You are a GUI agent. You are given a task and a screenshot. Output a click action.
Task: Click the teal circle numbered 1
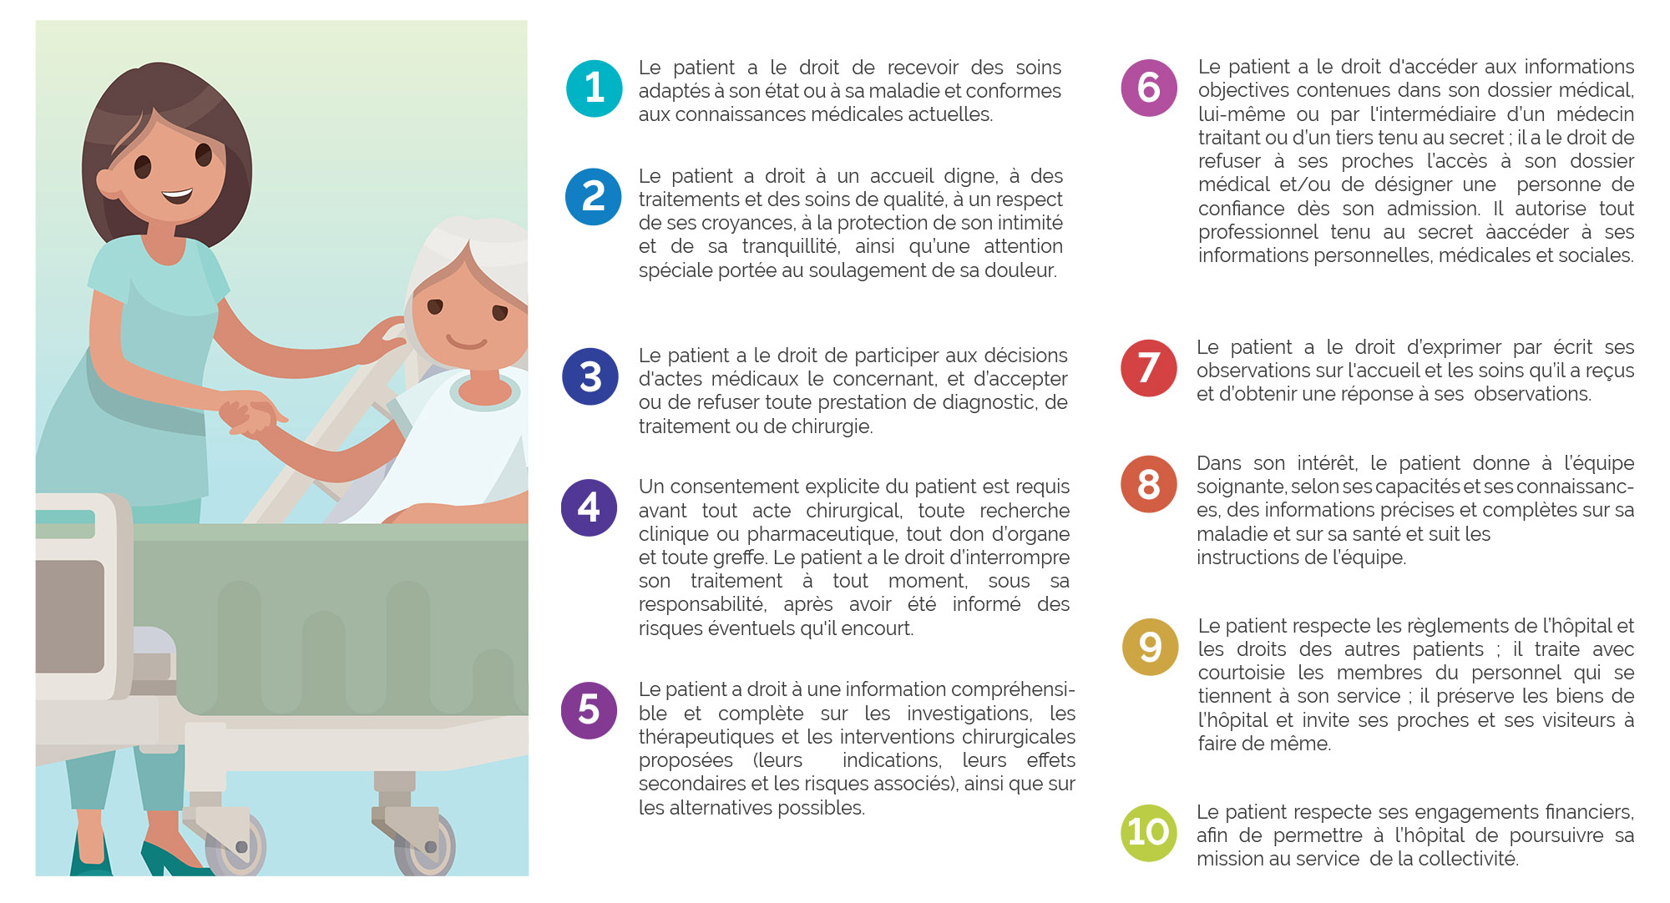[x=594, y=88]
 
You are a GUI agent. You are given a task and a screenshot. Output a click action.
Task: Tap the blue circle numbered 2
[x=593, y=197]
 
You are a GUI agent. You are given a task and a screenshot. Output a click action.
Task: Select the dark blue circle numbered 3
[x=590, y=376]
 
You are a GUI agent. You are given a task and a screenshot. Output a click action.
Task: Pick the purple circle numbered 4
[x=589, y=507]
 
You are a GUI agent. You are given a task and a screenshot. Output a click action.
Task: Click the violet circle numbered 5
[x=589, y=710]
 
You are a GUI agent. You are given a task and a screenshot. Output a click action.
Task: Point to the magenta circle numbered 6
[x=1149, y=88]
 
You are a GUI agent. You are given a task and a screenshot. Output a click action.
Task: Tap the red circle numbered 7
[x=1149, y=368]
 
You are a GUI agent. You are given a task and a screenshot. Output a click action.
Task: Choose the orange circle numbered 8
[x=1149, y=484]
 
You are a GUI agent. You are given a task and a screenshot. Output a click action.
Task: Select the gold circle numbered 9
[x=1150, y=647]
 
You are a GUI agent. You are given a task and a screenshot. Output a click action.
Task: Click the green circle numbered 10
[x=1148, y=832]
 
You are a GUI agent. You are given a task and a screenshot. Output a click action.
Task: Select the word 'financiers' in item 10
[x=1590, y=812]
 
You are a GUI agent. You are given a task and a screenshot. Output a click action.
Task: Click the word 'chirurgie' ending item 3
[x=830, y=426]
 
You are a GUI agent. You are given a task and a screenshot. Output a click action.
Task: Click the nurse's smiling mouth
[x=177, y=196]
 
